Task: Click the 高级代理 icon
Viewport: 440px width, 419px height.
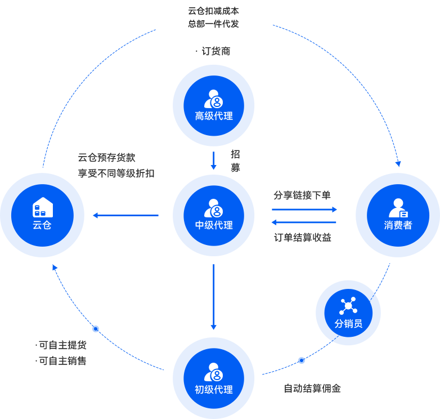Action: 214,99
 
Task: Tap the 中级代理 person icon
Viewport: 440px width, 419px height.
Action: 214,208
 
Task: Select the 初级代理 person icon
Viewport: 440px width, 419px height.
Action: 214,372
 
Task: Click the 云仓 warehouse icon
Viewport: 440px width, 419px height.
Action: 43,207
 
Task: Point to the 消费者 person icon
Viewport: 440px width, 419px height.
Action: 398,208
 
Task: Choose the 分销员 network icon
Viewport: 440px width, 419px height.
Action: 348,306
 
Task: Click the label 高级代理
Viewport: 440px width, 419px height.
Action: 214,116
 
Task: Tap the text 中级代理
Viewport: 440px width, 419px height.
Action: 214,225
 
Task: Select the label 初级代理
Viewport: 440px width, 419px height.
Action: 214,390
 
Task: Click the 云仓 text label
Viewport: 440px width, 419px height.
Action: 42,225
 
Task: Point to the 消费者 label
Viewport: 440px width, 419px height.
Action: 398,225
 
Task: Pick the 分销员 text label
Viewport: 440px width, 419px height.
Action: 348,324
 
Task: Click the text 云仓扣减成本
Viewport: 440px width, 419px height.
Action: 214,11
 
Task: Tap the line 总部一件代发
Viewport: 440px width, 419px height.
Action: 214,24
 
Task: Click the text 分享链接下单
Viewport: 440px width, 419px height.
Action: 302,195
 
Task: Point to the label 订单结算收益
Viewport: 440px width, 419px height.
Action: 303,238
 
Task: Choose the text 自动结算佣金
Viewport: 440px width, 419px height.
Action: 312,389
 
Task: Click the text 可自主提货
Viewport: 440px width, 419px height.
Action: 62,345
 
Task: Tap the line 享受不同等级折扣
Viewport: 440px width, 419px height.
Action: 116,173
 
